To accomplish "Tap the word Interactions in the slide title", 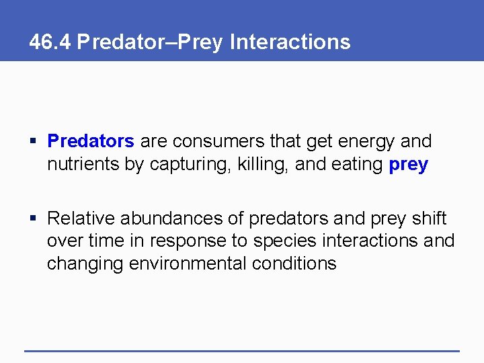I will pos(290,42).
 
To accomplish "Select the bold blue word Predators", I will pos(91,142).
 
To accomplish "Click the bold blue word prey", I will pos(409,165).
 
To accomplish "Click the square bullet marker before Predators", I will pos(34,142).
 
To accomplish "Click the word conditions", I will pos(294,263).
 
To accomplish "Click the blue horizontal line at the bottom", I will pos(241,350).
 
